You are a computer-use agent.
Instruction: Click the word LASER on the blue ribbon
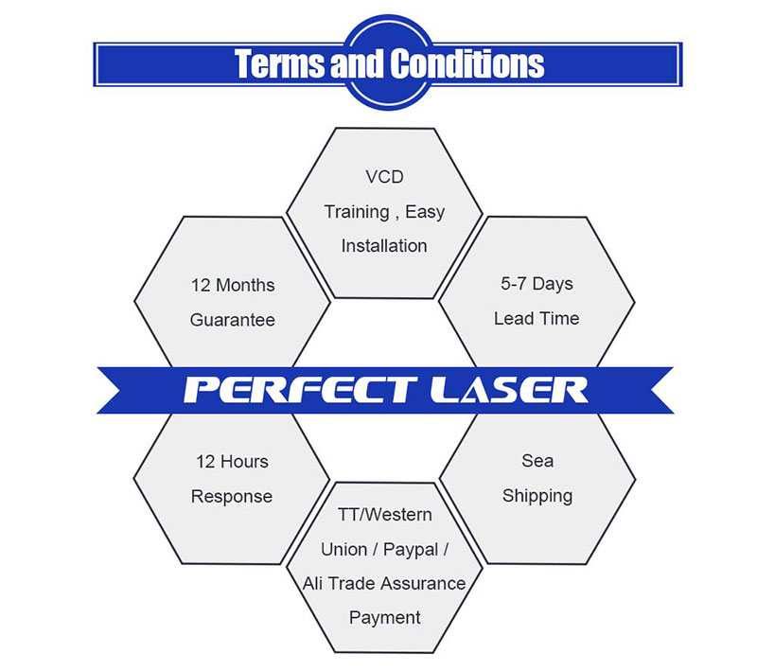coord(507,390)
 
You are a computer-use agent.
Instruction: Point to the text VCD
coord(383,177)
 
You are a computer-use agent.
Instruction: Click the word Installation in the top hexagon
coord(384,246)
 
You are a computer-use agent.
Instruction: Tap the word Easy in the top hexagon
coord(425,212)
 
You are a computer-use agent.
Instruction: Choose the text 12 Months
coord(233,285)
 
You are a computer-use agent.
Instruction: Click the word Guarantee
coord(233,320)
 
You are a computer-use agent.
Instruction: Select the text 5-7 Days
coord(537,284)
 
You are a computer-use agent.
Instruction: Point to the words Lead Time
coord(537,319)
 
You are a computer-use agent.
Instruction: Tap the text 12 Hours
coord(232,462)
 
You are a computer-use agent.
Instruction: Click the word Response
coord(232,497)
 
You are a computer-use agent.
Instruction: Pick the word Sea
coord(537,461)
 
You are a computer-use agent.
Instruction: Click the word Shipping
coord(537,496)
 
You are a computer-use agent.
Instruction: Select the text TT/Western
coord(384,515)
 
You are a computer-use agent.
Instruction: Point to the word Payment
coord(384,617)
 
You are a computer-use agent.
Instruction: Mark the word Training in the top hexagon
coord(356,212)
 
